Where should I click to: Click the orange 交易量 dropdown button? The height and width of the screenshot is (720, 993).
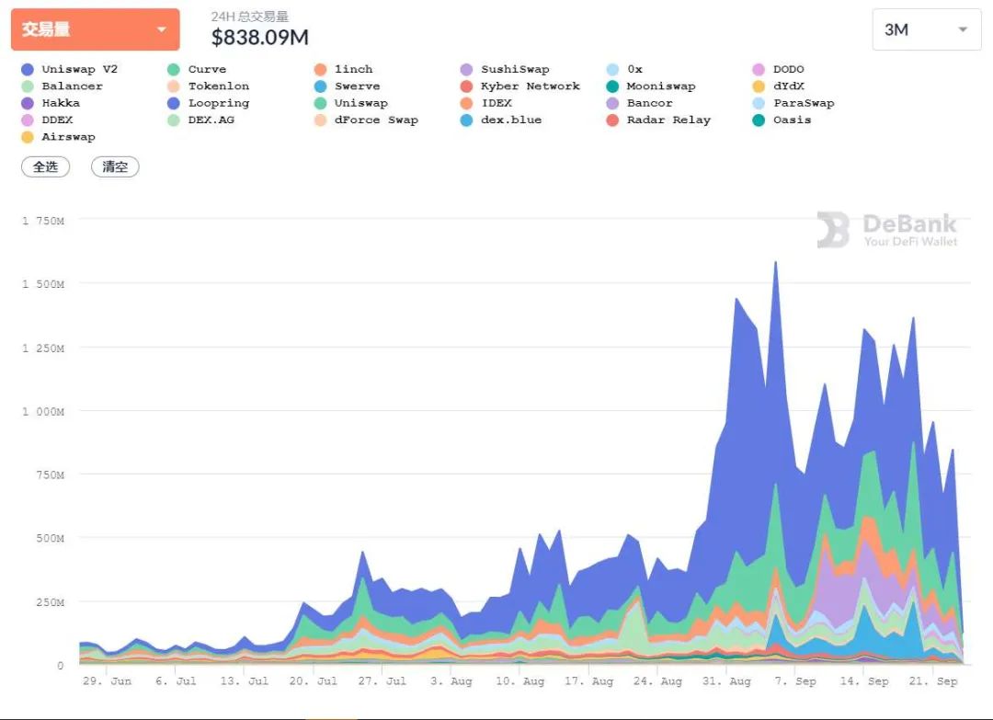click(95, 29)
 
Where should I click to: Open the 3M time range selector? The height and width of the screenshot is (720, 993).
click(926, 29)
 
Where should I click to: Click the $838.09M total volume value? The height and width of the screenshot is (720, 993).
click(260, 38)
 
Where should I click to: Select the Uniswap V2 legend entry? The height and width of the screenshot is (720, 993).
click(79, 69)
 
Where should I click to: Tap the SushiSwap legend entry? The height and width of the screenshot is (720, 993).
click(515, 69)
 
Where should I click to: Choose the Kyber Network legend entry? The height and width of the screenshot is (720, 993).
click(530, 86)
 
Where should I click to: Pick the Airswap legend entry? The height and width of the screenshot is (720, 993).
click(68, 137)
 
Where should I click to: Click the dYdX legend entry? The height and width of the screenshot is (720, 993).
click(789, 86)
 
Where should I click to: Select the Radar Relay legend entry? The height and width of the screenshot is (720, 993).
click(668, 120)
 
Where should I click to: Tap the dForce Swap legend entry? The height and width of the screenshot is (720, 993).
click(376, 120)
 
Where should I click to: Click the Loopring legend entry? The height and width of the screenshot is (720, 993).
click(219, 103)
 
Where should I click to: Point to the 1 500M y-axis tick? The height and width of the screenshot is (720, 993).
click(43, 284)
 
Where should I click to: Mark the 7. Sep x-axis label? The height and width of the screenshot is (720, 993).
click(793, 681)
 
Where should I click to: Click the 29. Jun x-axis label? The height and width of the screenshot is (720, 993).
click(108, 681)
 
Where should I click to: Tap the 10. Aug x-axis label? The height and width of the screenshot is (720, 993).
click(520, 681)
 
